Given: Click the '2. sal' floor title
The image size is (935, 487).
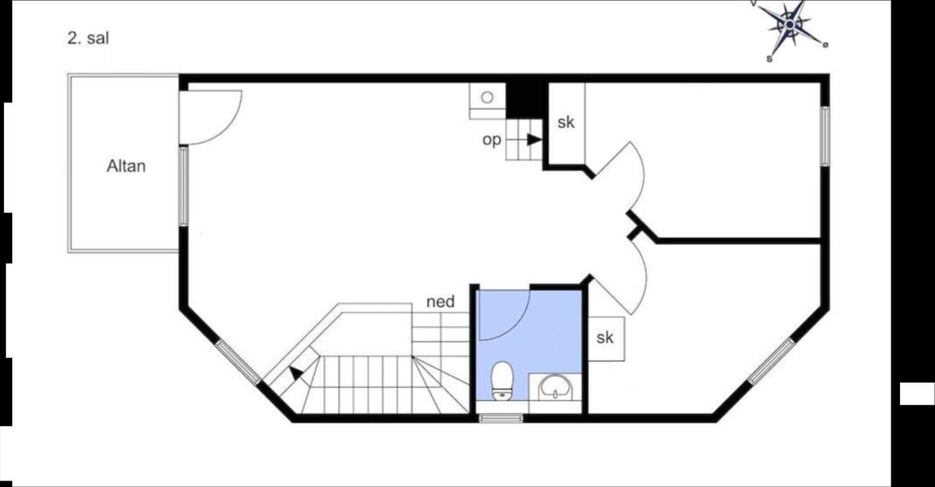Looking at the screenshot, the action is pyautogui.click(x=88, y=39).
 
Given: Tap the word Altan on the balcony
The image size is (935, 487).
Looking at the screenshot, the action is pyautogui.click(x=126, y=166).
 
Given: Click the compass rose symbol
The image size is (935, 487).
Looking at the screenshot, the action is pyautogui.click(x=789, y=26).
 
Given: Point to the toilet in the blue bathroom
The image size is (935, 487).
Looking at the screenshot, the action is pyautogui.click(x=502, y=381).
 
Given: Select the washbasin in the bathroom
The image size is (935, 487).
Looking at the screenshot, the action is pyautogui.click(x=555, y=387).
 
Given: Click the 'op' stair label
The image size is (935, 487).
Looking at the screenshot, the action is pyautogui.click(x=491, y=140).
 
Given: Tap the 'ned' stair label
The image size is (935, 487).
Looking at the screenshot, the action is pyautogui.click(x=441, y=301).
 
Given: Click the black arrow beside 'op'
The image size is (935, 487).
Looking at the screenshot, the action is pyautogui.click(x=534, y=140).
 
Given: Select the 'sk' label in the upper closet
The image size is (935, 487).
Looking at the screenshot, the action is pyautogui.click(x=566, y=122).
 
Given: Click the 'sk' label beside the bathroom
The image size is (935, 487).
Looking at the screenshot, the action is pyautogui.click(x=605, y=338).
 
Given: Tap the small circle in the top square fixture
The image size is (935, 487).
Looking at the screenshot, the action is pyautogui.click(x=487, y=98).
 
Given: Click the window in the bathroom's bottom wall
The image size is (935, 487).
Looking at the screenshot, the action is pyautogui.click(x=500, y=418).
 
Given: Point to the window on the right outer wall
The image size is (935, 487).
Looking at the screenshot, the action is pyautogui.click(x=825, y=136).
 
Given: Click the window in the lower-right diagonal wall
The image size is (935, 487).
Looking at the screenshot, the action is pyautogui.click(x=771, y=361).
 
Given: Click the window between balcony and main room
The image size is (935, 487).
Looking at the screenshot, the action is pyautogui.click(x=183, y=186).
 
